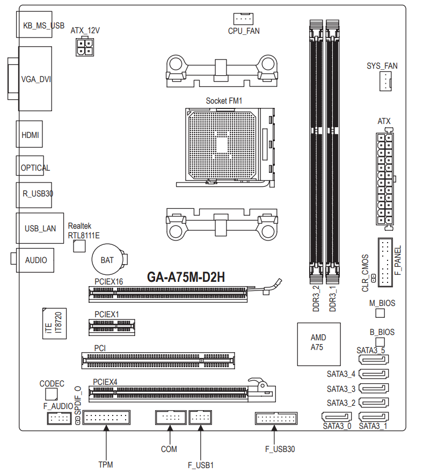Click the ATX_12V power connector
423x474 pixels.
(85, 47)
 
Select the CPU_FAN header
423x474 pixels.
(243, 19)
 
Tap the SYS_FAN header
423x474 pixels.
(385, 81)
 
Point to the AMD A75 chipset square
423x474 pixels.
(319, 344)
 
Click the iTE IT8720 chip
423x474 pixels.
(54, 324)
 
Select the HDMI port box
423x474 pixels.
(30, 134)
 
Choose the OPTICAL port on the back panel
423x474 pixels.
(30, 165)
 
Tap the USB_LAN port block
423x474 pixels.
(40, 228)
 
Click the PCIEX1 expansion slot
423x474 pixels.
(112, 327)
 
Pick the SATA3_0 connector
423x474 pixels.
(337, 417)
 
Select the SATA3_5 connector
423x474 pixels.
(374, 360)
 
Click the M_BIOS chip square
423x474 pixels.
(380, 313)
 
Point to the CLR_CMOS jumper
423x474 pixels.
(374, 278)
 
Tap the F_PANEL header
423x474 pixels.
(385, 262)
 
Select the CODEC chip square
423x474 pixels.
(51, 394)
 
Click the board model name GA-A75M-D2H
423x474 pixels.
(186, 277)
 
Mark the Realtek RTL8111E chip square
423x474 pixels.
(79, 246)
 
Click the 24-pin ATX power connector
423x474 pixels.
(384, 179)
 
